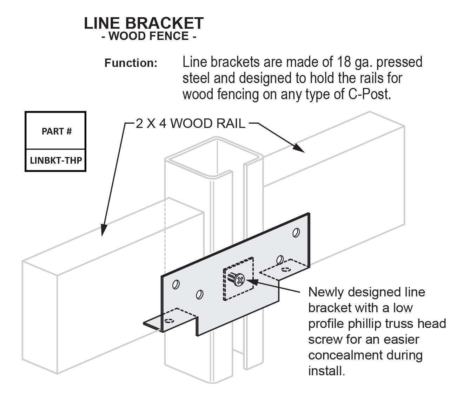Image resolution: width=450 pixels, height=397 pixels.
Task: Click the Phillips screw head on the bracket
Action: coord(240,280)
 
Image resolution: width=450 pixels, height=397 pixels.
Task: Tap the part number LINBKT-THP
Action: coord(56,160)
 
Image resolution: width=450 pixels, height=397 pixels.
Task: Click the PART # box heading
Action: coord(57,131)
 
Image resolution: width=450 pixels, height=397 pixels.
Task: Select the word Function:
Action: coord(131,63)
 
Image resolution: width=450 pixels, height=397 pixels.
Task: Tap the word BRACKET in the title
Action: coord(164,23)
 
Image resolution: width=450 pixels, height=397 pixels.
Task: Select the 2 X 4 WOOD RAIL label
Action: coord(191,124)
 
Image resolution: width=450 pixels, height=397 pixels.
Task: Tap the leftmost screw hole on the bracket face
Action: coord(176,285)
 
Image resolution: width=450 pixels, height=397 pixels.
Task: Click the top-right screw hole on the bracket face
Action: coord(296,233)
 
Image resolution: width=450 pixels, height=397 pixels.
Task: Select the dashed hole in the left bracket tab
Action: coord(169,320)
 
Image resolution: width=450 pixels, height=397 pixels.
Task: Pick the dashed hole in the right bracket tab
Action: coord(286,269)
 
